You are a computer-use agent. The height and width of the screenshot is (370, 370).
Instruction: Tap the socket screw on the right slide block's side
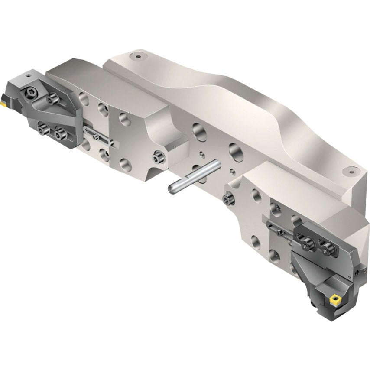[x=228, y=199]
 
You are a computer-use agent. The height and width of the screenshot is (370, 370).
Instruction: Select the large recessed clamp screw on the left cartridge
[x=31, y=92]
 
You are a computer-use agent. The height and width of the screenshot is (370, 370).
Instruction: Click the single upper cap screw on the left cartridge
[x=54, y=100]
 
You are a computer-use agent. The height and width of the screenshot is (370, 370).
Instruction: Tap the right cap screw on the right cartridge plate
[x=328, y=250]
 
